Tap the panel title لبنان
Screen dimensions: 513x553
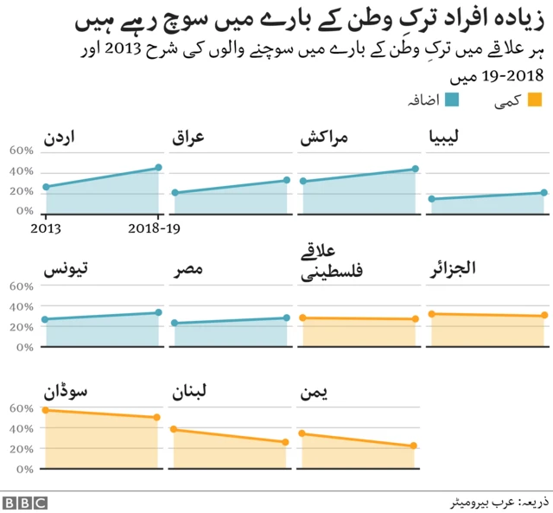pos(192,393)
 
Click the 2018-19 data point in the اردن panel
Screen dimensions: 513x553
pos(158,168)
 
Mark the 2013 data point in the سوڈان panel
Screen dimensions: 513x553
pos(46,409)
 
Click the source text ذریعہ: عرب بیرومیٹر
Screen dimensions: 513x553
pos(497,502)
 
